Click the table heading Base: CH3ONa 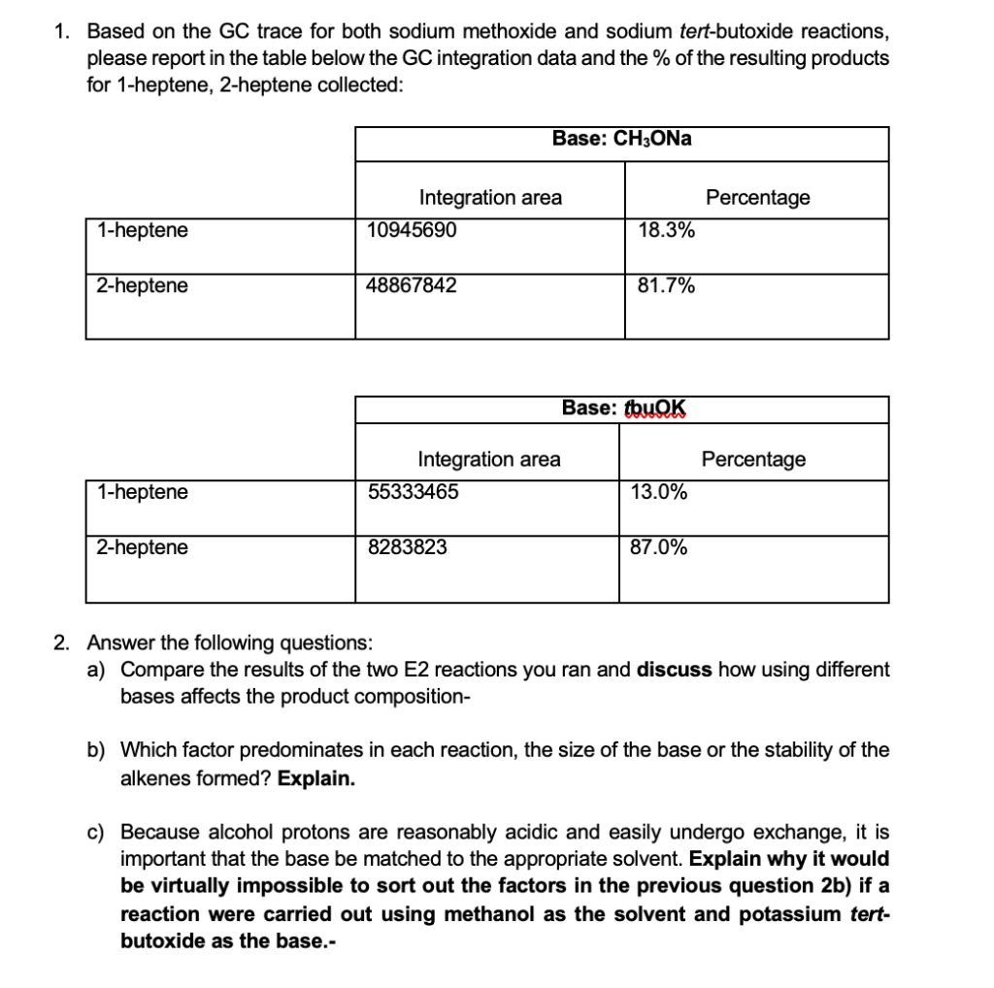621,139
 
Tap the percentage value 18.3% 666,231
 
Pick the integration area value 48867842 412,285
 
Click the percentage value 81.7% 666,285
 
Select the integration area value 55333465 414,492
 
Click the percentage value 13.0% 659,492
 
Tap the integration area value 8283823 408,547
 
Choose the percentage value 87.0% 659,547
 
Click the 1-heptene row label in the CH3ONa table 143,231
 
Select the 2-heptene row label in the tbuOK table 143,547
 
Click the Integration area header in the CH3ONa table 490,198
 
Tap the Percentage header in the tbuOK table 753,459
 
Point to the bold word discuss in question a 675,671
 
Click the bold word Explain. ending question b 315,778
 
